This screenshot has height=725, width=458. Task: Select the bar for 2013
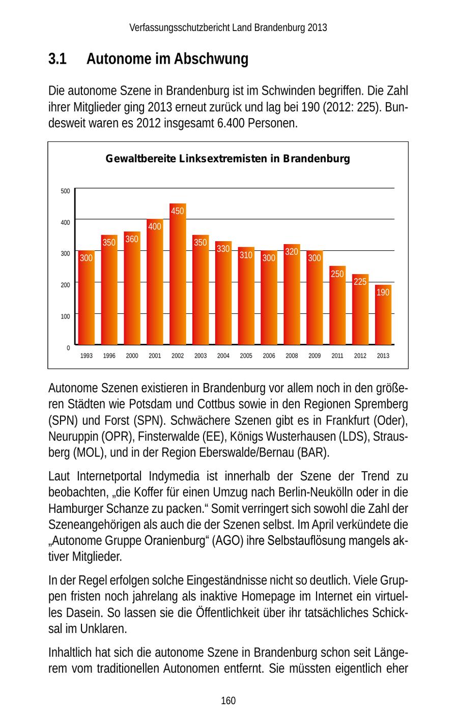383,315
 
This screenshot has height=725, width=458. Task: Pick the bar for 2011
337,306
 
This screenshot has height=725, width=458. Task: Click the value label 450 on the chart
178,211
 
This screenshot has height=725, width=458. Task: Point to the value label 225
360,281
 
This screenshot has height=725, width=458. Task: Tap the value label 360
132,239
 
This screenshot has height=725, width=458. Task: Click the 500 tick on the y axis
65,191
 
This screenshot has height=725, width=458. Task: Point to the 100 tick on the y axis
65,316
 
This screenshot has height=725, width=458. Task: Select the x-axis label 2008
292,356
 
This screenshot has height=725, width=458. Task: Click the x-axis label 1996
109,356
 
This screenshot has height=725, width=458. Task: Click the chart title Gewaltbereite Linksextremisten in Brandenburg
227,159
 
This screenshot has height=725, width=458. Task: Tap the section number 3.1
58,60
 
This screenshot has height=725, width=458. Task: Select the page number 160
228,701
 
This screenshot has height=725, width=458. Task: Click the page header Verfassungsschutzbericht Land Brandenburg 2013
228,27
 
